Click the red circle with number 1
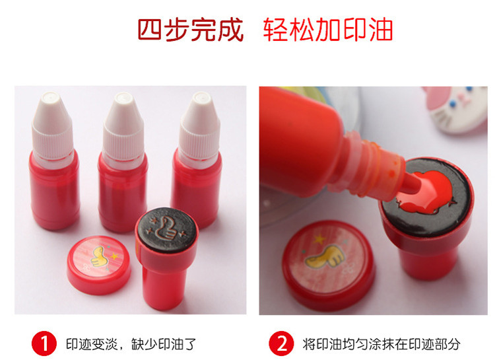pos(44,343)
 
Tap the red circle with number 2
pos(281,343)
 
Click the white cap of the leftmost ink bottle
pos(52,126)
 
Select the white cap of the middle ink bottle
pos(123,127)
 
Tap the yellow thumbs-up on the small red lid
pos(98,256)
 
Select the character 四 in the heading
pos(150,29)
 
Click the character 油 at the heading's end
pos(381,29)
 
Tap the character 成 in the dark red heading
pos(231,29)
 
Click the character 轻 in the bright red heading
pos(275,29)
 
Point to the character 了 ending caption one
pos(190,344)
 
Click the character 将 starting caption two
pos(308,344)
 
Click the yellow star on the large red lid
pos(319,239)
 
